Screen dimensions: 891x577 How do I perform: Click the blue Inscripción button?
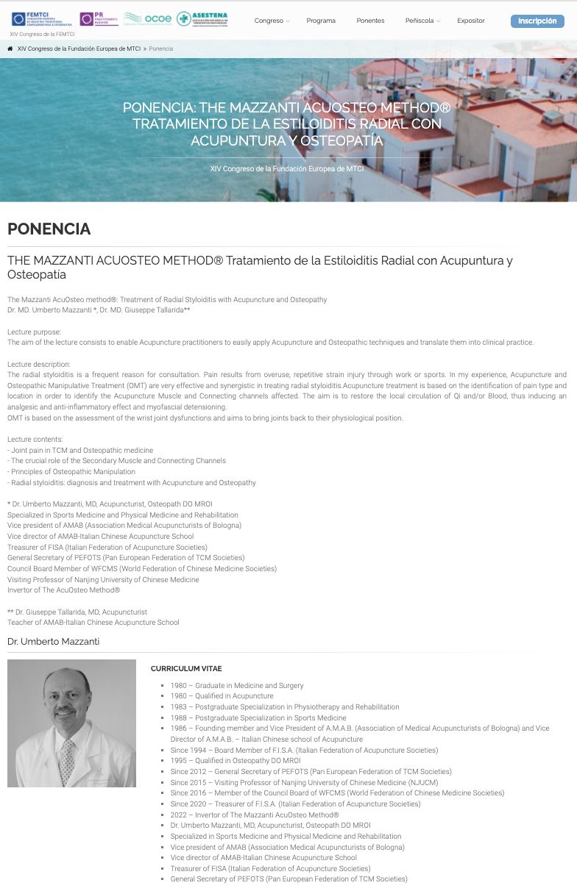pyautogui.click(x=537, y=21)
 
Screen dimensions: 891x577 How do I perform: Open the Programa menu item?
pyautogui.click(x=321, y=21)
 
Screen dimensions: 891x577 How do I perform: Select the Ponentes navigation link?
pyautogui.click(x=370, y=21)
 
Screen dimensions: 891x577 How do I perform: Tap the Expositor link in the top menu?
pyautogui.click(x=471, y=21)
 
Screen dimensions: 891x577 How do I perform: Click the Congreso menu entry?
pyautogui.click(x=271, y=21)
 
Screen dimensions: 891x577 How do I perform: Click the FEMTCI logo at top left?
pyautogui.click(x=43, y=18)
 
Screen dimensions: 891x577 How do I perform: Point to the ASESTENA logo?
pyautogui.click(x=202, y=18)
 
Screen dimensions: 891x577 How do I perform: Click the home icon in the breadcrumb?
pyautogui.click(x=10, y=49)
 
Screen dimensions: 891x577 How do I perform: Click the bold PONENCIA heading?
pyautogui.click(x=49, y=229)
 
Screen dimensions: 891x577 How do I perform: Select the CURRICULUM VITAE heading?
pyautogui.click(x=186, y=668)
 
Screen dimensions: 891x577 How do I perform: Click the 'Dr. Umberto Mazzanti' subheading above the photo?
pyautogui.click(x=53, y=642)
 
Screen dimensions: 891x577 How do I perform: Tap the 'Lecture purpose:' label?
pyautogui.click(x=35, y=332)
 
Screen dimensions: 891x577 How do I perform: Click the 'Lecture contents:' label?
pyautogui.click(x=35, y=439)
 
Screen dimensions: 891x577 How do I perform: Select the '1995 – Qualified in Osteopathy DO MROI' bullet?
pyautogui.click(x=236, y=761)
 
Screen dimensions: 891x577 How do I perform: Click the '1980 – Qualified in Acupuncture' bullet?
pyautogui.click(x=222, y=695)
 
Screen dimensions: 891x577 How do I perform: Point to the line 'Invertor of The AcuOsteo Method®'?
pyautogui.click(x=64, y=590)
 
